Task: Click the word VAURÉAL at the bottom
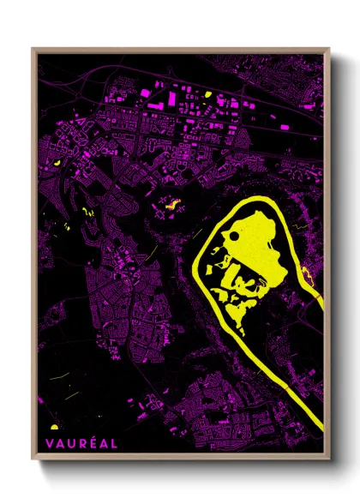73,444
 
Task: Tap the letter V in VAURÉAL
45,444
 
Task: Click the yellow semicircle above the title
54,426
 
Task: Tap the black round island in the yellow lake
231,234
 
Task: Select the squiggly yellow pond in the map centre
170,205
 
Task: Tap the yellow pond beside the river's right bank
308,276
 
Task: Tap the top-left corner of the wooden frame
33,49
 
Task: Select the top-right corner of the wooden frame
328,49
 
